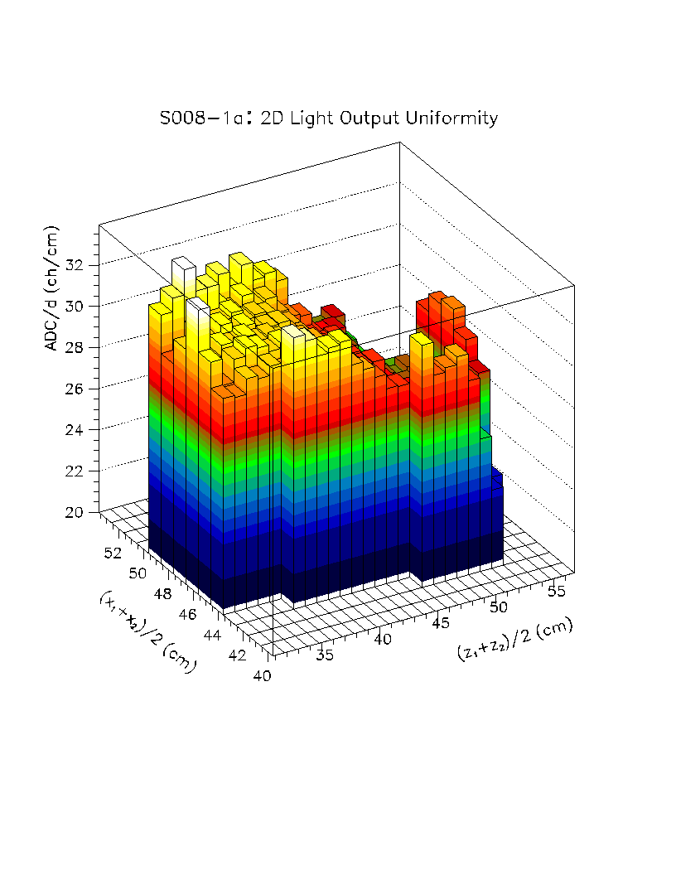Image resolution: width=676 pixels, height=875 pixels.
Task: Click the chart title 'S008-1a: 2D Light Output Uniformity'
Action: (x=328, y=118)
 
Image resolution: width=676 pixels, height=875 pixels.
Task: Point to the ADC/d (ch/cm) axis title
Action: (x=52, y=287)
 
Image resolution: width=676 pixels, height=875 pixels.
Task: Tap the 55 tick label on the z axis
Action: (x=558, y=590)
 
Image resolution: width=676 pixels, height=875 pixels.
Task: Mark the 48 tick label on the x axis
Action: (x=163, y=593)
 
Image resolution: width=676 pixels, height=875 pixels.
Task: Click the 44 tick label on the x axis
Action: (x=213, y=635)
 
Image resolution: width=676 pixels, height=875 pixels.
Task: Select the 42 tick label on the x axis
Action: (x=238, y=655)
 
